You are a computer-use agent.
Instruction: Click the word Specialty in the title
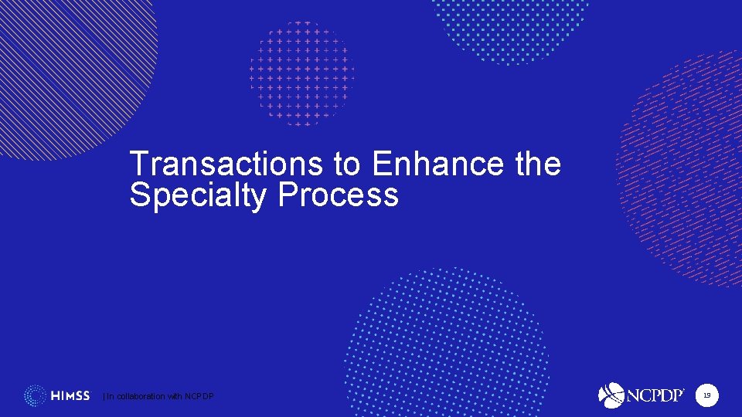tap(199, 195)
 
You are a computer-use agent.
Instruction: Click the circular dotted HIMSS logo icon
tap(35, 395)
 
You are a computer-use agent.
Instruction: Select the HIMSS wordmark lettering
tap(70, 396)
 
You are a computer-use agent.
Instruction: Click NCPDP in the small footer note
tap(200, 396)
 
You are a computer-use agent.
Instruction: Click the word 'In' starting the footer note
tap(110, 396)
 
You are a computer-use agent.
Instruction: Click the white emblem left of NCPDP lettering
tap(611, 395)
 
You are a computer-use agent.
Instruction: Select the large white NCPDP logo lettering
tap(655, 395)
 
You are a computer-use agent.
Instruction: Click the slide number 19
tap(706, 396)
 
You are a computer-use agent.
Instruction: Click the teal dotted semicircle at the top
tap(510, 27)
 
